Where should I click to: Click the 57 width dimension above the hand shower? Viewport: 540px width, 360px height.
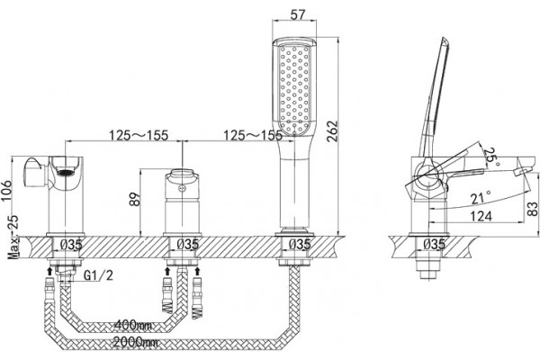click(x=298, y=14)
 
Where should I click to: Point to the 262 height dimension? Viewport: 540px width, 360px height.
click(x=333, y=131)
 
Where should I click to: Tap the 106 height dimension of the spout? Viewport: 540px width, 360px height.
click(x=6, y=191)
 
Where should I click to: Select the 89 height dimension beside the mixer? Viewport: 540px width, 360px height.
click(x=135, y=199)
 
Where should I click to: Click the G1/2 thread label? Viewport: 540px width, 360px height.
click(x=98, y=275)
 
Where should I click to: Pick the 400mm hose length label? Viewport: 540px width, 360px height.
click(x=133, y=325)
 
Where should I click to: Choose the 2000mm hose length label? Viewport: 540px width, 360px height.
click(x=136, y=342)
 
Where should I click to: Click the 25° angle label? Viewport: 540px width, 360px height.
click(x=490, y=156)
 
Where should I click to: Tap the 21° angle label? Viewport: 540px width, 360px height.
click(x=481, y=197)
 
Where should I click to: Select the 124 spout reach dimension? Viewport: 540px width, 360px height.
click(x=481, y=216)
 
